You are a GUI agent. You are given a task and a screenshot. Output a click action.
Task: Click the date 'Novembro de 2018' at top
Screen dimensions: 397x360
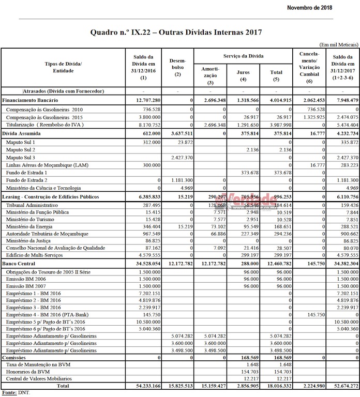coord(309,8)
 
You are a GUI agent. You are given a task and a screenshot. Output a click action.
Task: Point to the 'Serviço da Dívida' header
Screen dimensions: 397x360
coord(243,55)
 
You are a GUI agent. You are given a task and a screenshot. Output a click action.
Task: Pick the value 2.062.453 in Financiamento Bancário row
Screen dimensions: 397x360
coord(309,99)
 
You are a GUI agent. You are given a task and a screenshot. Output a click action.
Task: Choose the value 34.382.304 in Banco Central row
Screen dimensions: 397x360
coord(343,264)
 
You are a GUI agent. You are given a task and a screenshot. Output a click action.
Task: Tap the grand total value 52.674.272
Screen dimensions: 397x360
coord(343,386)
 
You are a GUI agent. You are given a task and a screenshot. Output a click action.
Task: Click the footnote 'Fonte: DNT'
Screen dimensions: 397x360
coord(16,393)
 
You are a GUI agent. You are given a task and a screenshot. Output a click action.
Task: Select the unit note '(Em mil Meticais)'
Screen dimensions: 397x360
coord(339,45)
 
